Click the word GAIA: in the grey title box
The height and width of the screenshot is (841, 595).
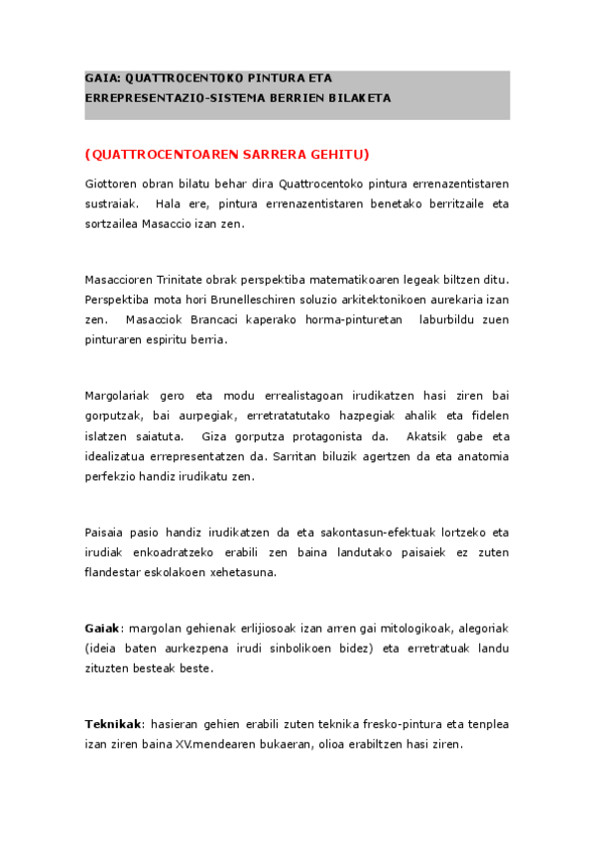tap(101, 77)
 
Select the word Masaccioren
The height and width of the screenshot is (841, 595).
tap(118, 280)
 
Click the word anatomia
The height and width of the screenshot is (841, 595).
tap(480, 455)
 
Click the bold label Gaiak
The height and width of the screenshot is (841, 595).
tap(101, 628)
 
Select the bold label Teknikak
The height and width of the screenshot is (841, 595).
tap(113, 724)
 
